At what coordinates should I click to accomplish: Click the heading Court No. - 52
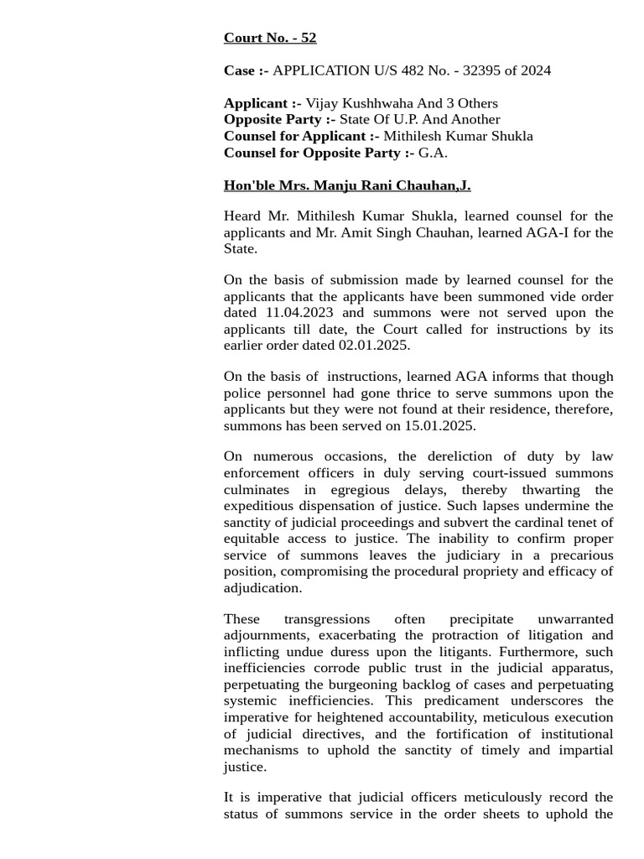269,38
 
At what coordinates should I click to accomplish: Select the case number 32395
475,70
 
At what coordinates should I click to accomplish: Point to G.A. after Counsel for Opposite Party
433,153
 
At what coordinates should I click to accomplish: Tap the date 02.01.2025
374,345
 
